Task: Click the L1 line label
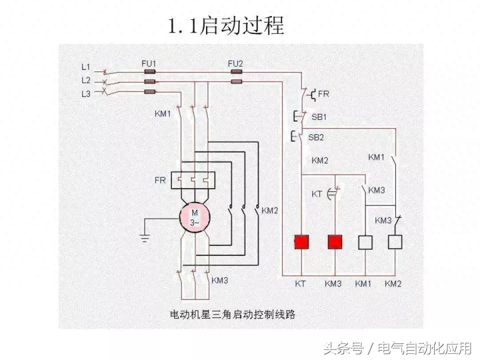86,67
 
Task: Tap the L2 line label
86,80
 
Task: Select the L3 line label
86,94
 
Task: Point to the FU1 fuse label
149,64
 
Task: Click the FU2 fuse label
235,64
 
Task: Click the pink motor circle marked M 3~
195,217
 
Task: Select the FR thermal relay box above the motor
193,180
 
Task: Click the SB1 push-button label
319,117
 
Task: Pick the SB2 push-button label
316,137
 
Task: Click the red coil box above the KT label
301,242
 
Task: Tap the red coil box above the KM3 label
335,242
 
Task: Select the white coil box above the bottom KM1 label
365,242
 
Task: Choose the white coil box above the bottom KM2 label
395,242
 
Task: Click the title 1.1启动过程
226,25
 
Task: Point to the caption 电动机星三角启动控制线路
233,315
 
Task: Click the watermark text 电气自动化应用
425,349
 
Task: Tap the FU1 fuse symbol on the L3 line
150,91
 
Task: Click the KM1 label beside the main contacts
163,114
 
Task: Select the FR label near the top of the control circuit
323,94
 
